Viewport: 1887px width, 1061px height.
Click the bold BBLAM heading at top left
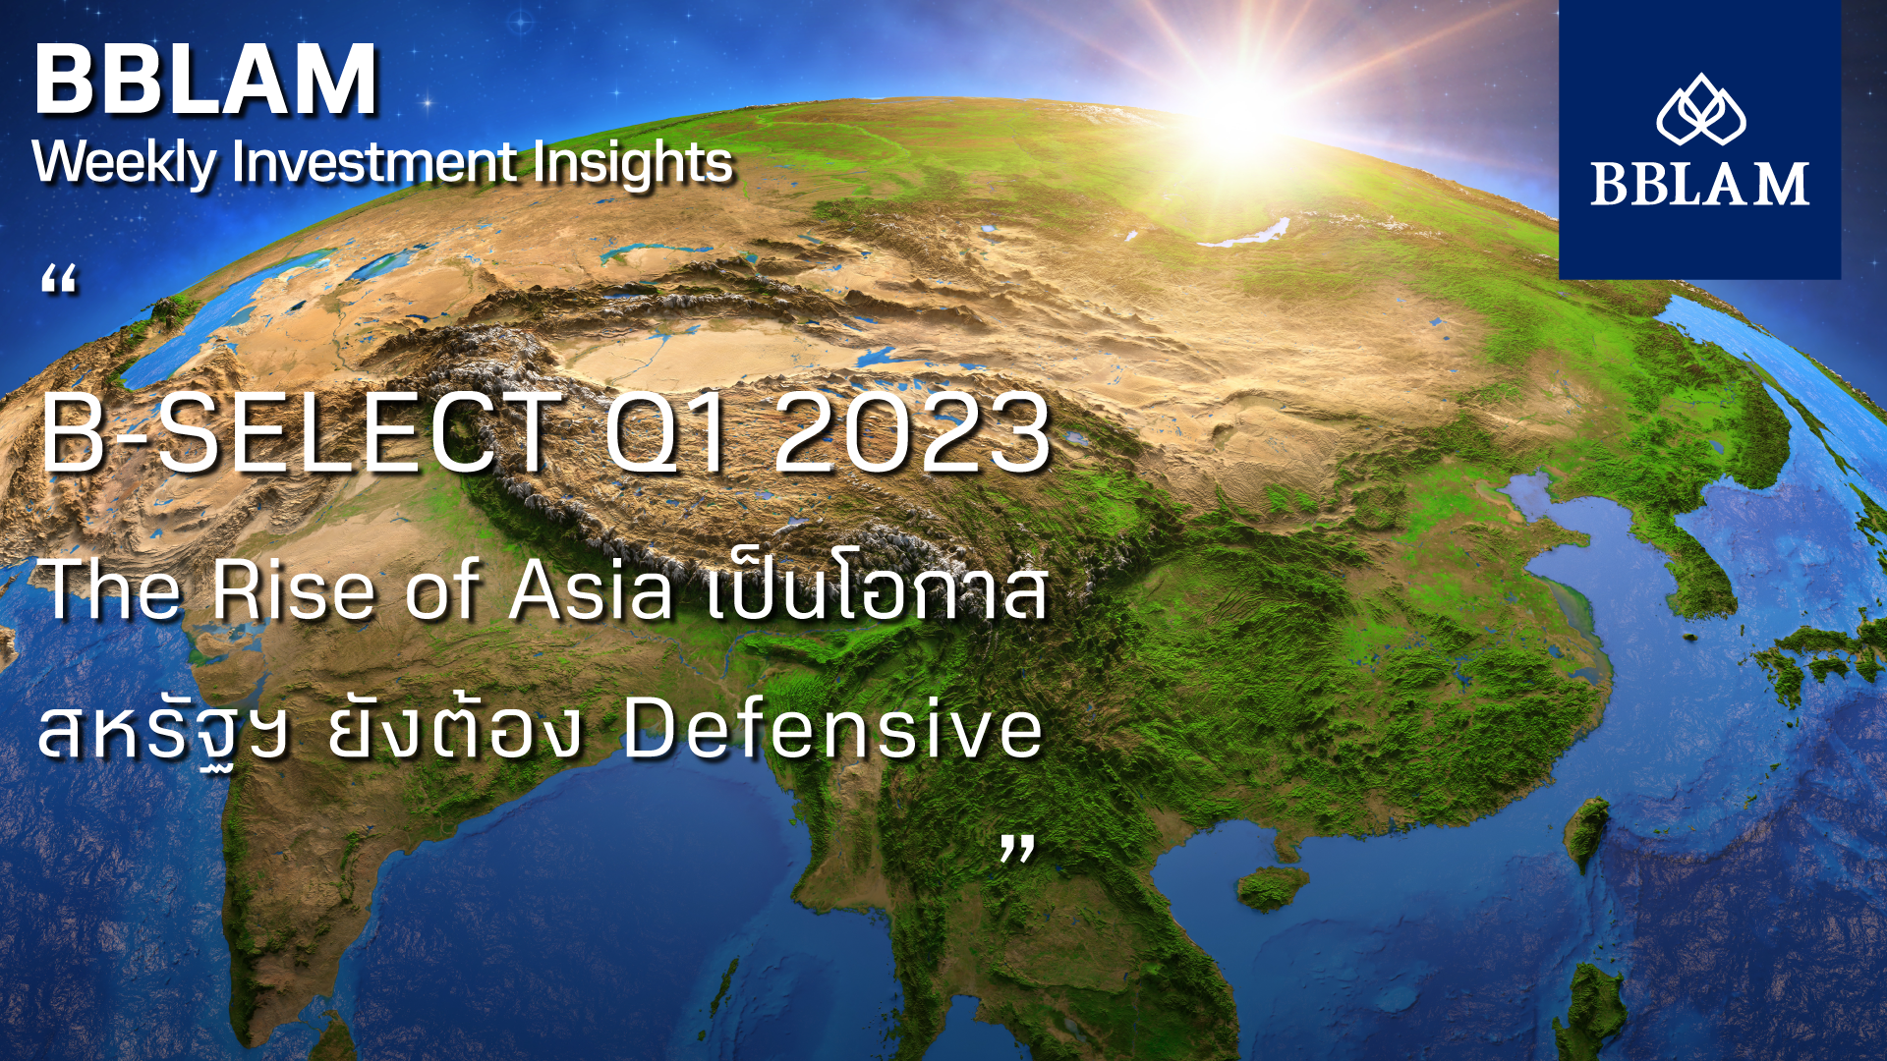206,80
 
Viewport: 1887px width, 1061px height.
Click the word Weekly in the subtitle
124,163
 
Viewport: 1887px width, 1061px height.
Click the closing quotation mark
1017,849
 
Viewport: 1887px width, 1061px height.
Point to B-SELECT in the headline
300,433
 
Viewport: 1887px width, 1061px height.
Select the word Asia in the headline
591,589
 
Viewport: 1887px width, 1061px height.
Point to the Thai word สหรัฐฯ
163,731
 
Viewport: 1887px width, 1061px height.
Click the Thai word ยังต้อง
455,728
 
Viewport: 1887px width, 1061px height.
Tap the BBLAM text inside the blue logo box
1700,184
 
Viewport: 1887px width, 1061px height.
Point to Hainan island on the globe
1272,886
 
